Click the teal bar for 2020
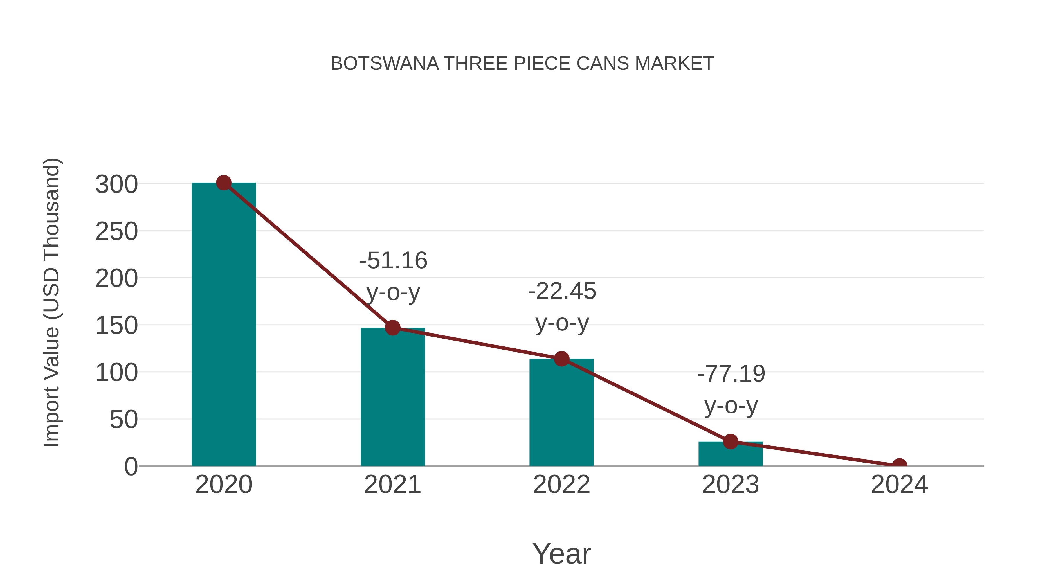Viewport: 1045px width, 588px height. coord(224,325)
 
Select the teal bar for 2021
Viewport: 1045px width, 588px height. coord(392,398)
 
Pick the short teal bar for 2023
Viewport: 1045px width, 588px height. coord(730,454)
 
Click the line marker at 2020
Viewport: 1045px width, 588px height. coord(224,183)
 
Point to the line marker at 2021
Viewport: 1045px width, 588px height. coord(392,328)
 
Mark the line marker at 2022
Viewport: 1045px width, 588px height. coord(561,359)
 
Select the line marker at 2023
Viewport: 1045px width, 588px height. coord(730,441)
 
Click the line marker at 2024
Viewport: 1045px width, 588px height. coord(899,465)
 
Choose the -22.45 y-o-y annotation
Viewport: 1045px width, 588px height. coord(562,307)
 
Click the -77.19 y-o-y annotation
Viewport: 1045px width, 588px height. coord(731,390)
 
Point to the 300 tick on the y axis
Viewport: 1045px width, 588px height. coord(116,185)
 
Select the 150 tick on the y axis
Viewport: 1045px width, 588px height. coord(116,326)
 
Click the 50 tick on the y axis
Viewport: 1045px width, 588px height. coord(124,420)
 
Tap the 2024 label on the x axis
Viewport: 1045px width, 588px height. coord(899,485)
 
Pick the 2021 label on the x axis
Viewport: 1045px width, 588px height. coord(392,485)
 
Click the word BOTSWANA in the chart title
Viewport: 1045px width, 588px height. coord(385,64)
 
